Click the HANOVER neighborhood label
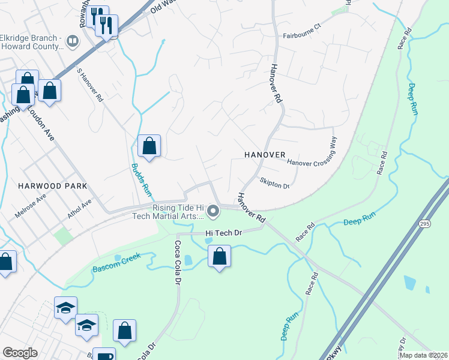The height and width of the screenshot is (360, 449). [265, 154]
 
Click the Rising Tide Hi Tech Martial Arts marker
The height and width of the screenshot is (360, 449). [212, 211]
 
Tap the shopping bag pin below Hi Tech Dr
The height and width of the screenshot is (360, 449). [219, 256]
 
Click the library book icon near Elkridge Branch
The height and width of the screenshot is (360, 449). [72, 41]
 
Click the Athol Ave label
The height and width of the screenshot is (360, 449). [79, 211]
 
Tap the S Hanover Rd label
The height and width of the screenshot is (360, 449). [90, 88]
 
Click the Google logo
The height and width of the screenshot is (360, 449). [20, 353]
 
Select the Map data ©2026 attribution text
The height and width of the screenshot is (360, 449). [424, 355]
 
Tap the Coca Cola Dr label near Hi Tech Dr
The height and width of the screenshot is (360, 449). [178, 262]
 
